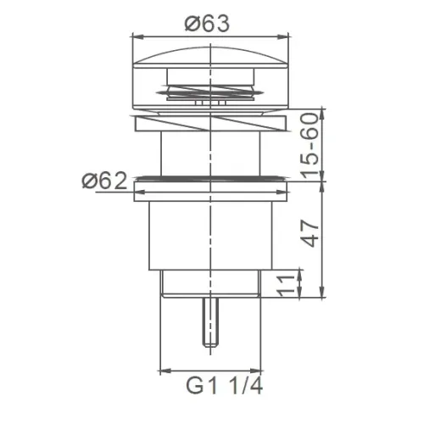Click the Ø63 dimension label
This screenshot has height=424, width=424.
(x=208, y=24)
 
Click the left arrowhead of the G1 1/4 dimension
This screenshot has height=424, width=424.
(x=164, y=371)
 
